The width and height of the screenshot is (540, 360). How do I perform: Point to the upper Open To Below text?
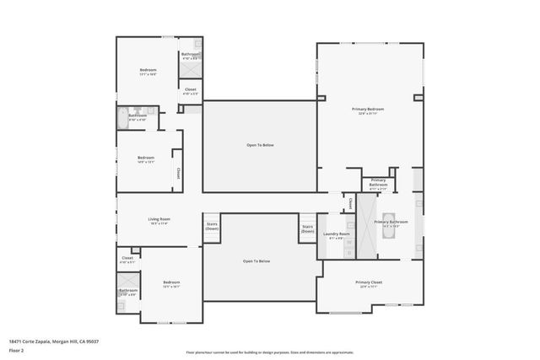click(x=260, y=145)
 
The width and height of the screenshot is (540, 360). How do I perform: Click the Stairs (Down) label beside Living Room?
click(x=211, y=227)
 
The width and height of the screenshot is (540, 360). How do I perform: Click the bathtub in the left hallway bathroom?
click(x=123, y=117)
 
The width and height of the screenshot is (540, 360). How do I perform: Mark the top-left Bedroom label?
click(x=148, y=71)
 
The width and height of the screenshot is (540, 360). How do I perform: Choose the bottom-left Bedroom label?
click(x=171, y=283)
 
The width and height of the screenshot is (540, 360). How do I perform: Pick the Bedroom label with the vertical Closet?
click(x=146, y=159)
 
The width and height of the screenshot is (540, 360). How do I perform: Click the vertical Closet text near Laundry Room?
click(x=350, y=203)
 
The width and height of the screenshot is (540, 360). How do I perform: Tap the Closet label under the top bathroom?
click(x=190, y=90)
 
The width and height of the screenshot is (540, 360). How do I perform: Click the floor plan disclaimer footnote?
click(x=269, y=352)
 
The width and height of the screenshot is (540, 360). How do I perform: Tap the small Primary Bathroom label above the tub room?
click(x=377, y=183)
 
